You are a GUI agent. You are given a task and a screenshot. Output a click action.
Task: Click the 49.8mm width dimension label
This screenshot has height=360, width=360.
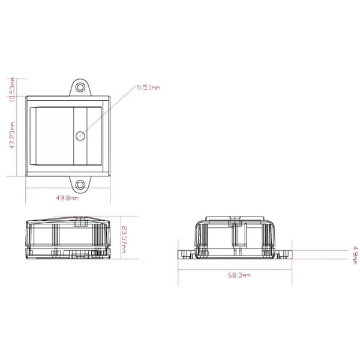[67, 198]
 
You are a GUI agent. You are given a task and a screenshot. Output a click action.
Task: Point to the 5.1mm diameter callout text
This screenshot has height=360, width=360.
[149, 88]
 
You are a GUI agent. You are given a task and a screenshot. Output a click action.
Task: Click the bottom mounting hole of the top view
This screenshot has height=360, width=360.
[80, 184]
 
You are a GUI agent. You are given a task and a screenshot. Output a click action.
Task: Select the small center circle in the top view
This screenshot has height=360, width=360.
[80, 136]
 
